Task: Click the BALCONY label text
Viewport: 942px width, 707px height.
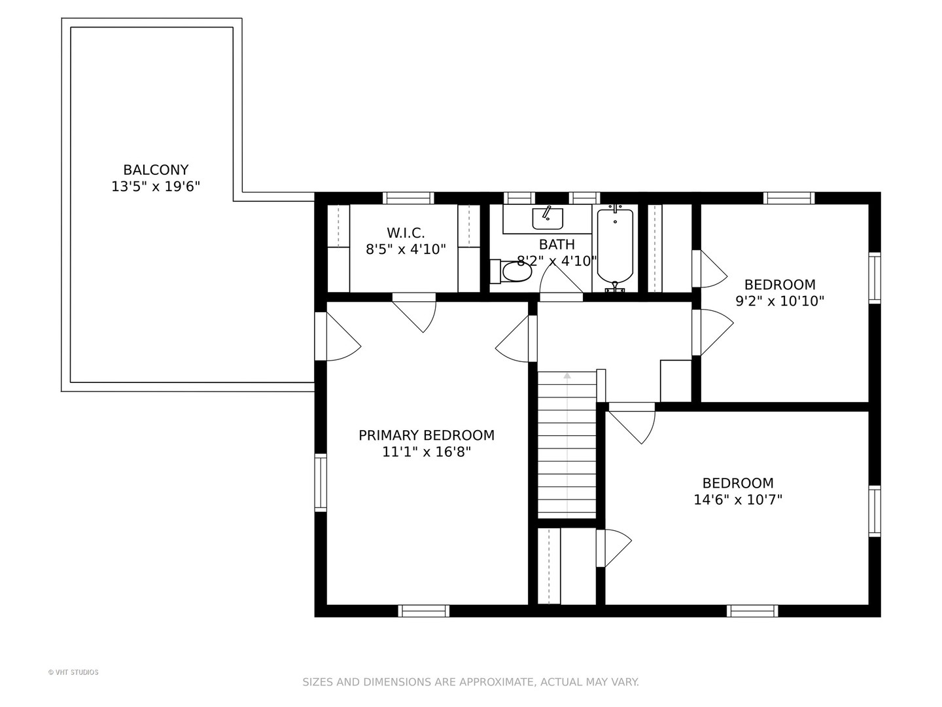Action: coord(156,170)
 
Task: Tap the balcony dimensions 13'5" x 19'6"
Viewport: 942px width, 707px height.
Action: coord(156,187)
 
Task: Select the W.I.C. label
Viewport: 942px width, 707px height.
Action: coord(406,233)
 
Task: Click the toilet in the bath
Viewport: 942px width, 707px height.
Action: coord(511,271)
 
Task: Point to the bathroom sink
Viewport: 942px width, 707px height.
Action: coord(548,219)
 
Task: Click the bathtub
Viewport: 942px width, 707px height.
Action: coord(615,247)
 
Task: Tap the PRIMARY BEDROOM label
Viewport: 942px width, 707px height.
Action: coord(427,435)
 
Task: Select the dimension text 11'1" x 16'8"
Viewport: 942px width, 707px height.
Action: coord(427,452)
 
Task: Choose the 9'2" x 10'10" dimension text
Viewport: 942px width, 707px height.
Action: coord(780,301)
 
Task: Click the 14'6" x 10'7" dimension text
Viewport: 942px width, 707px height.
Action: coord(738,499)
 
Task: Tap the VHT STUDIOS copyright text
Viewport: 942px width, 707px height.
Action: coord(73,672)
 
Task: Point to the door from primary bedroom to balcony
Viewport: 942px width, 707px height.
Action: coord(338,336)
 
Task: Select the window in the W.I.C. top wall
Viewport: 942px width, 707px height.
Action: coord(408,198)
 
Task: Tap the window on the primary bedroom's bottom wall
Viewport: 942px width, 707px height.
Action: coord(424,611)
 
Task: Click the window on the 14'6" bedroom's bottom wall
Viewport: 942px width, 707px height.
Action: coord(752,611)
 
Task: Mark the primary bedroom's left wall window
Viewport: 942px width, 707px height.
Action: coord(321,482)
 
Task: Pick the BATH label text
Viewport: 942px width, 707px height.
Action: coord(557,244)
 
